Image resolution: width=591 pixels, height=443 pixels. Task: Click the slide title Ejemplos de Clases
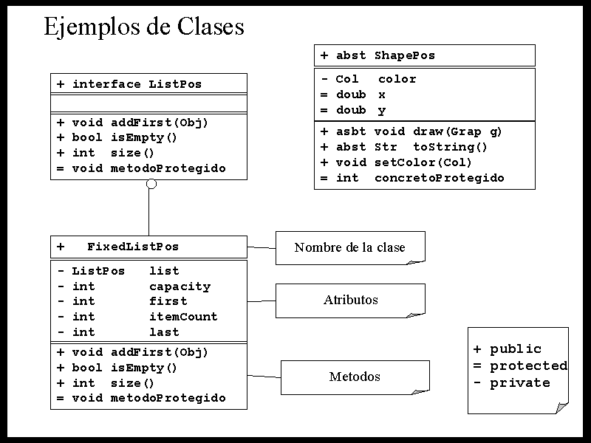[x=144, y=27]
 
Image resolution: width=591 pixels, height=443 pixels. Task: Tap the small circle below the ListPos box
[x=151, y=184]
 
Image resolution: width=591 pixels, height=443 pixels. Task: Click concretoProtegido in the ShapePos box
[x=439, y=178]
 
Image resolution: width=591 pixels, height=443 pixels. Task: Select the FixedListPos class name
[x=133, y=247]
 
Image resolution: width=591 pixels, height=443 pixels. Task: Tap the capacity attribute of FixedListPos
[x=180, y=286]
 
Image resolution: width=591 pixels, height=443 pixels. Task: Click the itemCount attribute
[x=183, y=317]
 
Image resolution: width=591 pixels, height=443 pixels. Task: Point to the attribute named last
[x=164, y=332]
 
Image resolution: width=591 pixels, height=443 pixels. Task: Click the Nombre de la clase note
[x=349, y=247]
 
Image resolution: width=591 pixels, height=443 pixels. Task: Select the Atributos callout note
[x=350, y=300]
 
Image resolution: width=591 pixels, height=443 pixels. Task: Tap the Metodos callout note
[x=355, y=377]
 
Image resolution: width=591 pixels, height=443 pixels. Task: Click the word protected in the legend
[x=528, y=366]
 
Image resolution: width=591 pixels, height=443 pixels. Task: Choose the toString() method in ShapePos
[x=450, y=147]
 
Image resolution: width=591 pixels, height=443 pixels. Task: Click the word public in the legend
[x=516, y=349]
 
